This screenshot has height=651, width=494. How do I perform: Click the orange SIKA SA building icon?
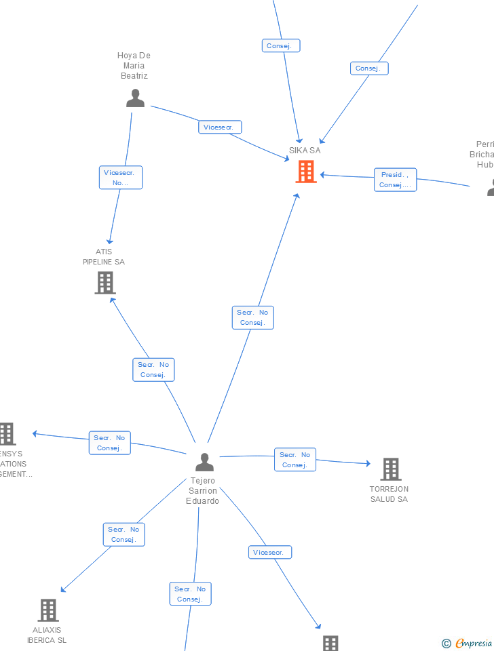coord(306,172)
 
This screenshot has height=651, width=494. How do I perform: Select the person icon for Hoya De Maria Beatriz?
coord(135,98)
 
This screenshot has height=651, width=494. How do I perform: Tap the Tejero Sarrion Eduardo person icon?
coord(204,462)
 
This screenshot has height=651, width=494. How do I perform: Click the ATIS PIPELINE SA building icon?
coord(104,282)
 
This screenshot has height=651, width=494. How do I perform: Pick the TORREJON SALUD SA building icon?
coord(390,469)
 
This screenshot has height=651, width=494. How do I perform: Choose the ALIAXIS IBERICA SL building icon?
coord(47,610)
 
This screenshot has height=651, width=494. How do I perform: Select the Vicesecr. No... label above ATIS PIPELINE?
coord(121,178)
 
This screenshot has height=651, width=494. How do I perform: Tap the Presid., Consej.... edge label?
coord(395,180)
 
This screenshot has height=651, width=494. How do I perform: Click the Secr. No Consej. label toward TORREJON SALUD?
coord(295,460)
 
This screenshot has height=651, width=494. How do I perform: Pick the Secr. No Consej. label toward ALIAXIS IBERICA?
coord(123,534)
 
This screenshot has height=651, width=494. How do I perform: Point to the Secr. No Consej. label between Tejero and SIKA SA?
coord(252,317)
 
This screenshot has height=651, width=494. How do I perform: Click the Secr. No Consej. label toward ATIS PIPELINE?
coord(153,370)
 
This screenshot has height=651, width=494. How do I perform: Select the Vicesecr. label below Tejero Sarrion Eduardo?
coord(269,553)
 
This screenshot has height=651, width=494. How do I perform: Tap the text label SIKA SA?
coord(305,151)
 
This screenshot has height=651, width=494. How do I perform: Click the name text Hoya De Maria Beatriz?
coord(134,66)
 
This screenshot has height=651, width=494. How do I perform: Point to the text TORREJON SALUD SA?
coord(389,494)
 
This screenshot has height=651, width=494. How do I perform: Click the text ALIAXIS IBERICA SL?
coord(47,635)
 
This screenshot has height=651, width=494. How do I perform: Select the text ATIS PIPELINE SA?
coord(104,257)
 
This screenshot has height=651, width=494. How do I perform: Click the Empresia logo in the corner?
coord(468,643)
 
